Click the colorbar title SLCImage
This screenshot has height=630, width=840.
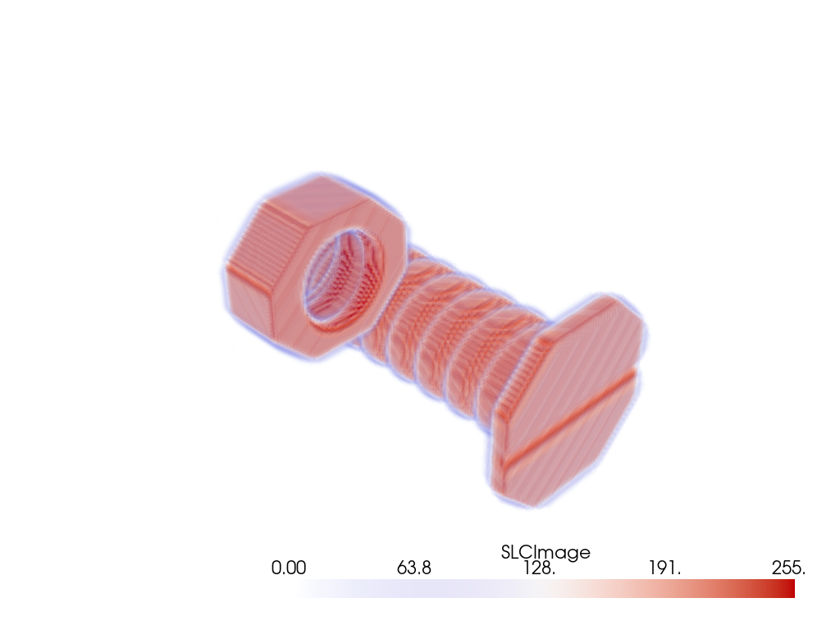click(x=546, y=552)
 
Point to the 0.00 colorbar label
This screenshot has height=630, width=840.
click(x=289, y=568)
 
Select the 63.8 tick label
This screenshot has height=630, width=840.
click(x=414, y=568)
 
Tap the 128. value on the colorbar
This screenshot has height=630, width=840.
click(x=539, y=568)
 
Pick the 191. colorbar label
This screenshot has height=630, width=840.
click(x=665, y=568)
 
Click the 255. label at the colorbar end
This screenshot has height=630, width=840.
click(x=788, y=568)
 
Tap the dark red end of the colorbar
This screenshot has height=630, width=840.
click(x=787, y=589)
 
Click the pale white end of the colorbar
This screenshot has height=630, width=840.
click(x=305, y=589)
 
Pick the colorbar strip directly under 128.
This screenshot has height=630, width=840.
click(x=539, y=589)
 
